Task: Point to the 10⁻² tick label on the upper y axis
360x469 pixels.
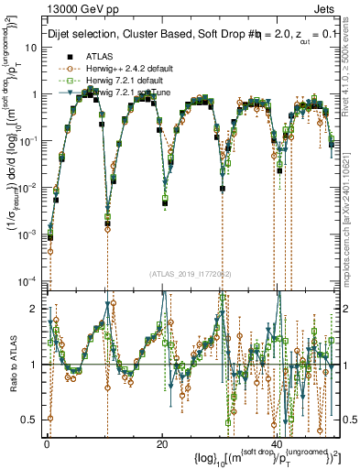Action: (x=27, y=188)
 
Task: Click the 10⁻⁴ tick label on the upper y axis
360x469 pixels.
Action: (x=27, y=280)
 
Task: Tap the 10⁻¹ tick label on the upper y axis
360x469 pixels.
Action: (x=27, y=141)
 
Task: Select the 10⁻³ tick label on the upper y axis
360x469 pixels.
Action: (x=27, y=234)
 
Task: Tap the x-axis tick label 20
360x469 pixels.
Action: (x=162, y=443)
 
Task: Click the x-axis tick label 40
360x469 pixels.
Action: (x=278, y=443)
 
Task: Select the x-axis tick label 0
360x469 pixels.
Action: (x=47, y=443)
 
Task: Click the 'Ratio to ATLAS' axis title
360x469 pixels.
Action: (x=10, y=364)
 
